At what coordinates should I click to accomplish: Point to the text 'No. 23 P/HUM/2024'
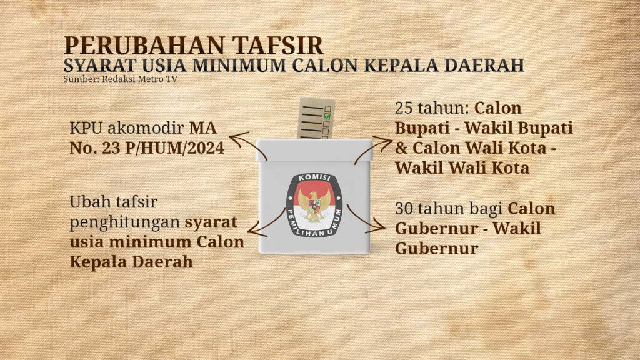click(146, 150)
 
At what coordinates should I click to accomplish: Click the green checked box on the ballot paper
click(327, 115)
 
